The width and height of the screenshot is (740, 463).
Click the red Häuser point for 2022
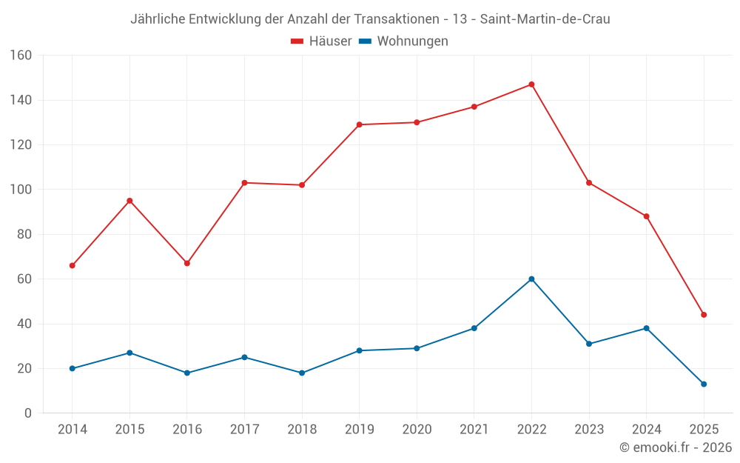[x=531, y=84]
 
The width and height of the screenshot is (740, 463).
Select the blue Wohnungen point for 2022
[x=531, y=279]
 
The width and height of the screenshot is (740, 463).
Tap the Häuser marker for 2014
[x=72, y=265]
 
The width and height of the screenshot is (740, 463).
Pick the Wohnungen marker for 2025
[x=704, y=384]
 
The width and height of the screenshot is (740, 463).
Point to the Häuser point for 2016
[x=187, y=263]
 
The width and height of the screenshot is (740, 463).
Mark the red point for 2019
[x=359, y=124]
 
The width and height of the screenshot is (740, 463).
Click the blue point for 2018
[x=302, y=373]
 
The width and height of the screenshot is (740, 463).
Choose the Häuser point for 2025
[x=704, y=315]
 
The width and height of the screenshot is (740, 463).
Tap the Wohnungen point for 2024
[x=646, y=328]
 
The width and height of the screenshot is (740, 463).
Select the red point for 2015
[x=129, y=201]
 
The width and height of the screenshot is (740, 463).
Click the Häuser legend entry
[x=321, y=41]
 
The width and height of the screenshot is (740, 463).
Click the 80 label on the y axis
[x=24, y=234]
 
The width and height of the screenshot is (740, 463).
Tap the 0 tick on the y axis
[x=28, y=413]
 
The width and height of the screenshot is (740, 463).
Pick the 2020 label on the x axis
[x=417, y=430]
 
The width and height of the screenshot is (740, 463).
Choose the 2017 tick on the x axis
[x=244, y=430]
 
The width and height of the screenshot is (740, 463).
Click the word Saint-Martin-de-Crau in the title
[x=545, y=19]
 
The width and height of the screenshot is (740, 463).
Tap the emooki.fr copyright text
[x=676, y=447]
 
